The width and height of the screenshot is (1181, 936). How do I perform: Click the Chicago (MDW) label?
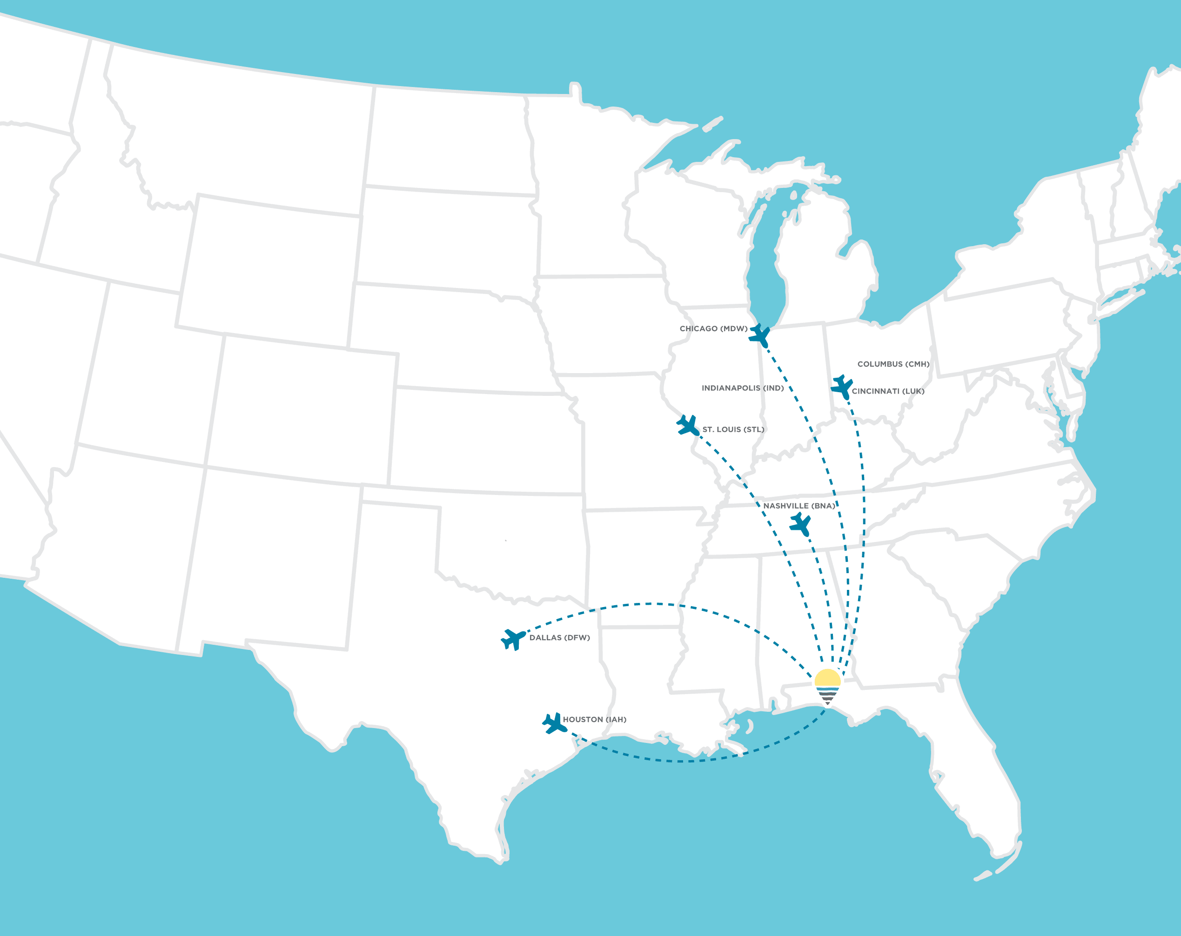pyautogui.click(x=713, y=328)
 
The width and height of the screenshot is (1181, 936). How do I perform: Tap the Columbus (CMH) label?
pyautogui.click(x=893, y=364)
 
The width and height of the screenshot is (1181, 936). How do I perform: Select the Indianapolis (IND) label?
pyautogui.click(x=742, y=388)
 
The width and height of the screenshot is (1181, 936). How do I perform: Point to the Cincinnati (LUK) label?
pyautogui.click(x=888, y=391)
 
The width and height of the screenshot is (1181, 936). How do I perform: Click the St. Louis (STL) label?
pyautogui.click(x=733, y=429)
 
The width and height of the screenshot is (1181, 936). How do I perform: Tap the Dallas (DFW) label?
pyautogui.click(x=559, y=637)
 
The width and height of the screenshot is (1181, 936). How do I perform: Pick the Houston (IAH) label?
pyautogui.click(x=594, y=720)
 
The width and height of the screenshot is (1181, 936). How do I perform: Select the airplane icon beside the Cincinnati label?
pyautogui.click(x=841, y=387)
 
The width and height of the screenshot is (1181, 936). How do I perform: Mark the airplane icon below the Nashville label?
pyautogui.click(x=800, y=524)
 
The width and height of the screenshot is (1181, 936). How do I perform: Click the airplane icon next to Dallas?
pyautogui.click(x=513, y=639)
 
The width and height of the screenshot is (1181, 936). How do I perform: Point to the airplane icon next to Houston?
pyautogui.click(x=554, y=723)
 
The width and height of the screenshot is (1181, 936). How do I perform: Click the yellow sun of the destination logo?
pyautogui.click(x=827, y=678)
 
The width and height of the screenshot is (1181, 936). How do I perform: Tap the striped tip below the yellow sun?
pyautogui.click(x=827, y=696)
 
